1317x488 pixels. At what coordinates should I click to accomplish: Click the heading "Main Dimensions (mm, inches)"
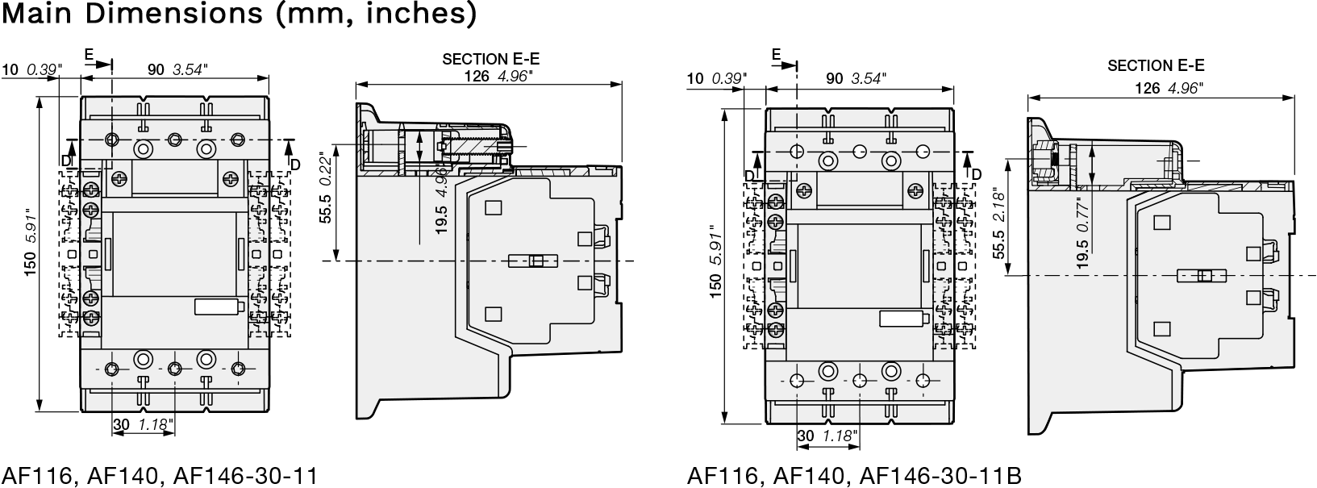coord(239,14)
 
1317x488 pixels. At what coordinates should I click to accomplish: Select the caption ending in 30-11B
coord(854,475)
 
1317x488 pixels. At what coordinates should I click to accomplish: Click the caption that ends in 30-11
coord(160,475)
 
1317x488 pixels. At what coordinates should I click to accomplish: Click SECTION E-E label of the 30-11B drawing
coord(1156,65)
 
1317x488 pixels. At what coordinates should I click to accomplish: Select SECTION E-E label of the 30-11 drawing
coord(491,59)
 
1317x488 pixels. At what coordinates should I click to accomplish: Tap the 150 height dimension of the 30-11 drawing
coord(31,264)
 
